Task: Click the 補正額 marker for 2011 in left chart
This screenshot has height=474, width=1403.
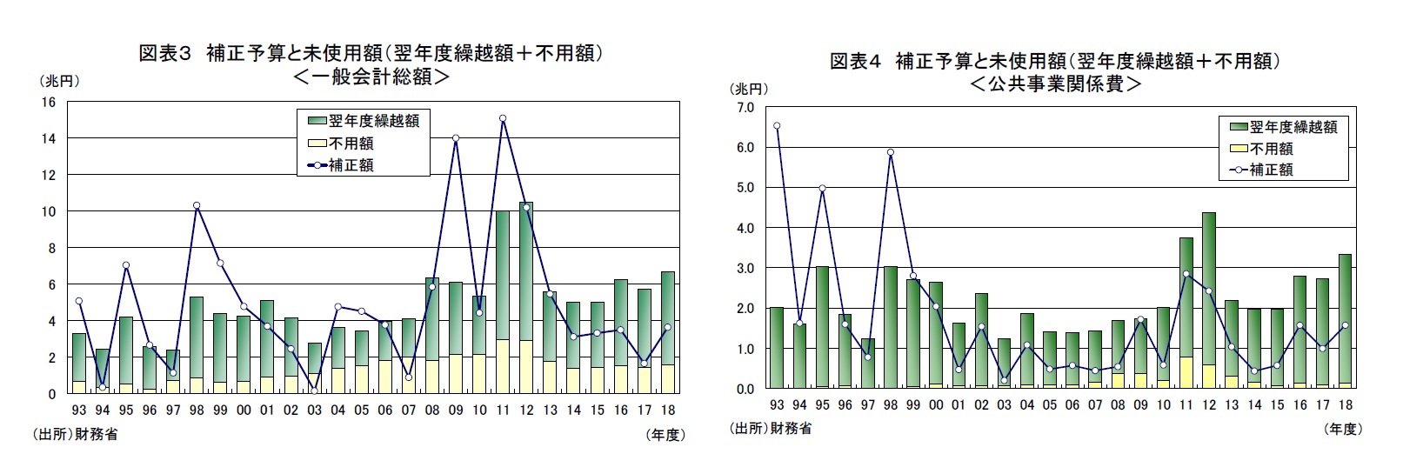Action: (503, 118)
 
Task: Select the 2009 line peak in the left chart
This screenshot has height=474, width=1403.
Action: (456, 138)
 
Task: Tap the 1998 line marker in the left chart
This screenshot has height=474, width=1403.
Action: (197, 205)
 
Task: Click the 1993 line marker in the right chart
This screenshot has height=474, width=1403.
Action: (777, 125)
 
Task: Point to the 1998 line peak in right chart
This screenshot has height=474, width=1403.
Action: (891, 152)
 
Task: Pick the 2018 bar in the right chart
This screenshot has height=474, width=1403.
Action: (1344, 321)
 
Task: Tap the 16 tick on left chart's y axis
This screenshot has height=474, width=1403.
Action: (49, 102)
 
